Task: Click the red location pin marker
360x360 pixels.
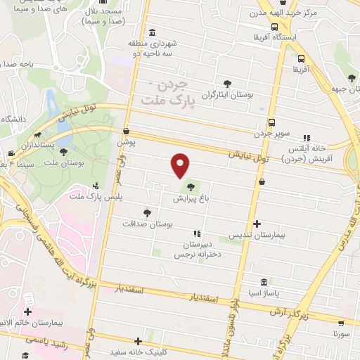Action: click(x=181, y=165)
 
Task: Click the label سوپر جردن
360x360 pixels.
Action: click(x=271, y=132)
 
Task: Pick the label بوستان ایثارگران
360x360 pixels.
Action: click(x=226, y=94)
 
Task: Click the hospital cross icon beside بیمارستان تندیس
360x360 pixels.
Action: click(x=257, y=224)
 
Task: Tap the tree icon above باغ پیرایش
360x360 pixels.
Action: click(x=192, y=187)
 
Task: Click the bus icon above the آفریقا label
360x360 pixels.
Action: click(x=301, y=59)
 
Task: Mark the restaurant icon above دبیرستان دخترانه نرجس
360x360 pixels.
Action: click(x=197, y=233)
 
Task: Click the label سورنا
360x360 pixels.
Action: click(x=341, y=335)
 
